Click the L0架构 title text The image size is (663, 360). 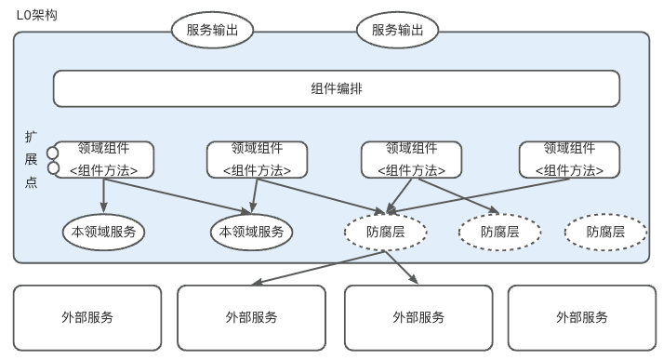click(37, 15)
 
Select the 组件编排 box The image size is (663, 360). click(337, 88)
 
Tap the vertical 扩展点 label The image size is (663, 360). click(31, 159)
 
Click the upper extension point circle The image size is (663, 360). click(52, 153)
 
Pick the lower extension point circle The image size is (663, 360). click(53, 168)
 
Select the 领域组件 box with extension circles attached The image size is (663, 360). click(104, 159)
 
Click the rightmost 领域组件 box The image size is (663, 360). click(570, 159)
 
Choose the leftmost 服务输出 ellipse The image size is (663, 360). click(212, 30)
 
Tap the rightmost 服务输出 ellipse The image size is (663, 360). click(397, 30)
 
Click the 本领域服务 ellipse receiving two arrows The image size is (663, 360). click(252, 232)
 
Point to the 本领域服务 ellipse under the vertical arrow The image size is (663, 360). click(103, 232)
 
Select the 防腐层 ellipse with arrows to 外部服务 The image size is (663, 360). click(386, 232)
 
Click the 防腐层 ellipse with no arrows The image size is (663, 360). click(605, 232)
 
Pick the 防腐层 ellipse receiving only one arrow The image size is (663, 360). click(499, 232)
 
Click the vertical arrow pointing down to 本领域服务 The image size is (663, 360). click(103, 195)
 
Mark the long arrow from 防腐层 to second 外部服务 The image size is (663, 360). click(318, 267)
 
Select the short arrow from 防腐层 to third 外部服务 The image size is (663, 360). click(402, 267)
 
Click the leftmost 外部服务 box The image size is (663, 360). click(87, 318)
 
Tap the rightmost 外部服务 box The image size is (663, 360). click(582, 318)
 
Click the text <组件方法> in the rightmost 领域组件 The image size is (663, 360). click(569, 170)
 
